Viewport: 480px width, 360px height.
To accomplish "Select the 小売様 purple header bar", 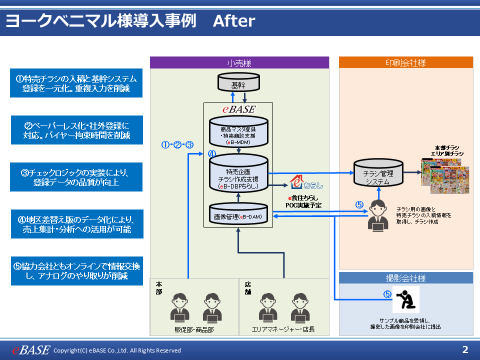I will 239,63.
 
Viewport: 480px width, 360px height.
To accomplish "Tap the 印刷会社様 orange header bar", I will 405,63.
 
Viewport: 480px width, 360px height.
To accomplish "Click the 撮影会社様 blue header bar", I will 405,278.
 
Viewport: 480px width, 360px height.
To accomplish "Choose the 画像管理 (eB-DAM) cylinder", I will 238,215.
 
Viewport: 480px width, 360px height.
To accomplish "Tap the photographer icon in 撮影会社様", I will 405,299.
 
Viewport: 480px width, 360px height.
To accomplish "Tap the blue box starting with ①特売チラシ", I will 76,83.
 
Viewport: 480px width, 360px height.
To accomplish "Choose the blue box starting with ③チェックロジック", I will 76,177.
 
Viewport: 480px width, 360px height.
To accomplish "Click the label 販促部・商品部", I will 193,329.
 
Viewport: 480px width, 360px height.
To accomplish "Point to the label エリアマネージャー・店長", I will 283,329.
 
